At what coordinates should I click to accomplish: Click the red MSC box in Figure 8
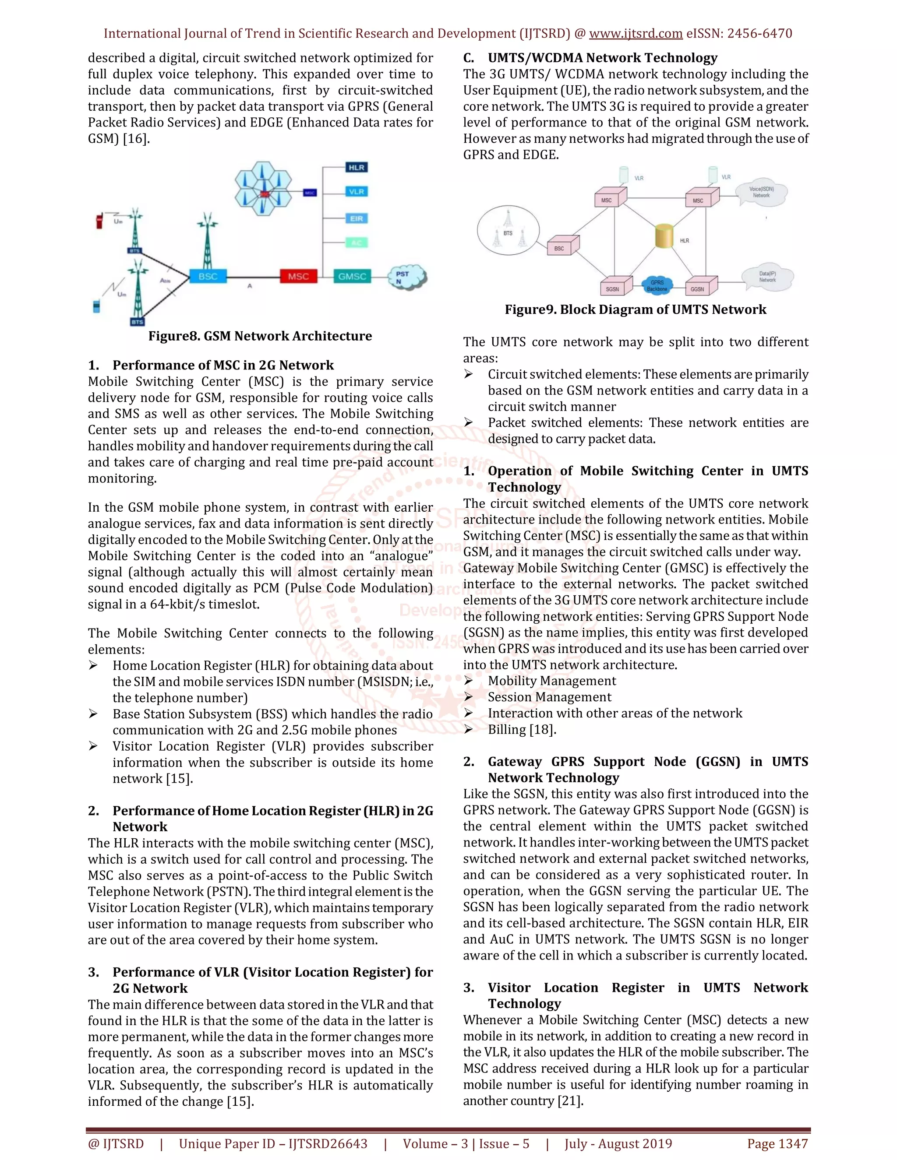[x=298, y=276]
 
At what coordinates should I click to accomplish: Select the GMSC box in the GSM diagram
[x=352, y=276]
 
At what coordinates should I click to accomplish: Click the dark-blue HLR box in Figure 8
[x=357, y=167]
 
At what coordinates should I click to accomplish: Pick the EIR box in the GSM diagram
[x=357, y=218]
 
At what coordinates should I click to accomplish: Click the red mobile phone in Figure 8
[x=99, y=219]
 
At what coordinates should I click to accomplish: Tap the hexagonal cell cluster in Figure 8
[x=264, y=189]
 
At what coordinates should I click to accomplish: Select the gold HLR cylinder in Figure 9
[x=664, y=236]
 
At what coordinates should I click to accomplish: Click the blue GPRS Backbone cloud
[x=657, y=286]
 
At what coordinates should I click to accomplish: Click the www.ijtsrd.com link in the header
[x=636, y=33]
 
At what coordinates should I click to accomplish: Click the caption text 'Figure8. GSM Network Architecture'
[x=260, y=336]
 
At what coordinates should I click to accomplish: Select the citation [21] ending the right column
[x=570, y=1100]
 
